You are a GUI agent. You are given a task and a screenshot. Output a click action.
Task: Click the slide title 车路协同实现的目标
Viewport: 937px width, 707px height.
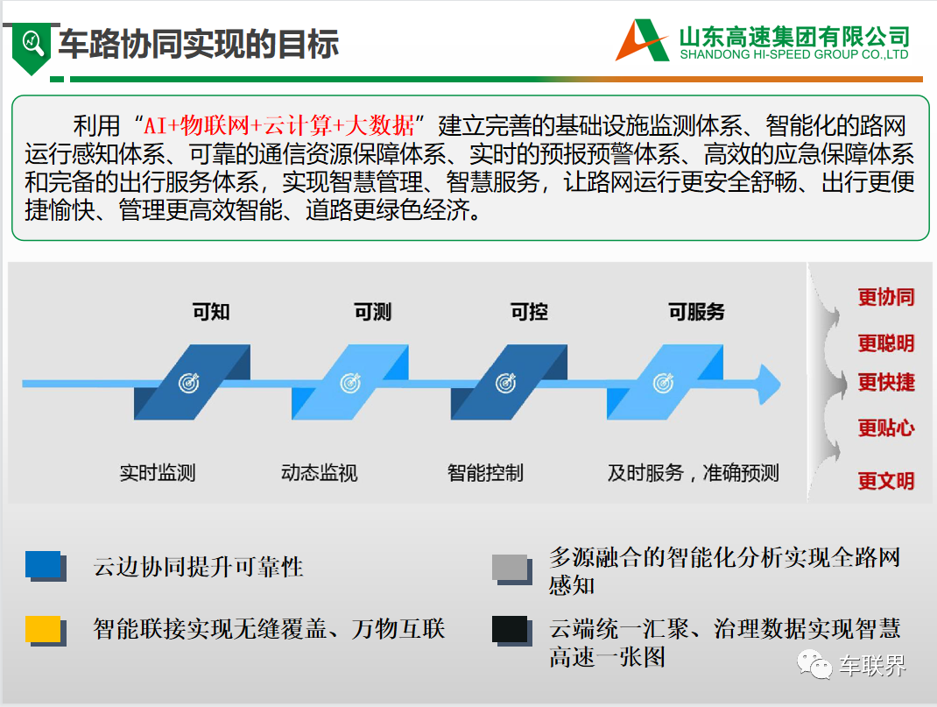(x=199, y=44)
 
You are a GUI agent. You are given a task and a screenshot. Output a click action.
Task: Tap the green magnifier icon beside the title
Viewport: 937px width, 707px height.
(x=32, y=47)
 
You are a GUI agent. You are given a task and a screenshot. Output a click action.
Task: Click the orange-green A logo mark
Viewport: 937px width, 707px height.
(x=643, y=40)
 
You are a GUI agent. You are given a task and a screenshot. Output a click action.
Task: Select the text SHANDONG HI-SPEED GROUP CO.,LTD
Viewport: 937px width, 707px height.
(x=794, y=54)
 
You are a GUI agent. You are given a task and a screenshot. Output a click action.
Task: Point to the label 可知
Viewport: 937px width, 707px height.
(x=211, y=311)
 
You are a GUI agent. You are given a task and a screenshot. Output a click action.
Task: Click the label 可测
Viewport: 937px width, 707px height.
(x=372, y=311)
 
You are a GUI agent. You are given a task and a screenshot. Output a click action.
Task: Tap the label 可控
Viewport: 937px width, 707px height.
(x=529, y=311)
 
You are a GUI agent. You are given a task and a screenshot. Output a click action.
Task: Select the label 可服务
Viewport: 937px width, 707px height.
(x=696, y=311)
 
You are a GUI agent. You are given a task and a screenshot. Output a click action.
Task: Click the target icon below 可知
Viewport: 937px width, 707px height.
(x=189, y=383)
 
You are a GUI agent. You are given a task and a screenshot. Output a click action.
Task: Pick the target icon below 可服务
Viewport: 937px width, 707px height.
(x=663, y=383)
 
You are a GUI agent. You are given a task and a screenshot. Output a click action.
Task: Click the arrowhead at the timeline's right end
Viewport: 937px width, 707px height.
(x=770, y=384)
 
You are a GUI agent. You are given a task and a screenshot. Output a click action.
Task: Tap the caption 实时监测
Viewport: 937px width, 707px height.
(x=158, y=473)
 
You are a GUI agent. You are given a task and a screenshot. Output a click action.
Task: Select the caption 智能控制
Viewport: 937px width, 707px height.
(x=485, y=473)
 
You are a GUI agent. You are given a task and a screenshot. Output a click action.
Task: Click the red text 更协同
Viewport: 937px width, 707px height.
(x=886, y=297)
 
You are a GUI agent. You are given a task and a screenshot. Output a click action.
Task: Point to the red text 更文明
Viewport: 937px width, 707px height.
(x=886, y=480)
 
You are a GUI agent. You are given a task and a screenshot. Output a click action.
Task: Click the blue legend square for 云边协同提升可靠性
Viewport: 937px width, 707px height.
(x=46, y=566)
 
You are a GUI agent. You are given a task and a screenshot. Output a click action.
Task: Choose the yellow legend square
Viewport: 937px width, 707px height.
(x=46, y=631)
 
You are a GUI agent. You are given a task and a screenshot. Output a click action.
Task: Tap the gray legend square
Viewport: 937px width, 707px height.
(x=512, y=569)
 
